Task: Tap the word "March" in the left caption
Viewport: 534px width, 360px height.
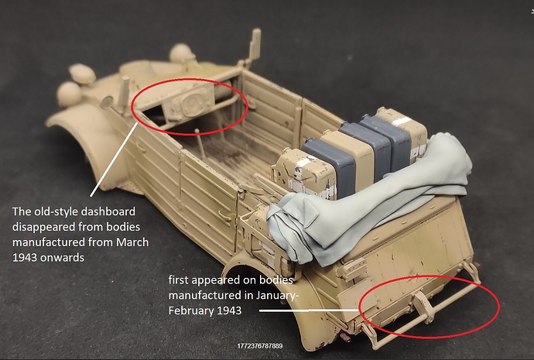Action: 132,242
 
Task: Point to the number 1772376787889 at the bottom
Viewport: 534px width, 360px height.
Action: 260,346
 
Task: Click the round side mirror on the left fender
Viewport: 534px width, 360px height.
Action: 107,102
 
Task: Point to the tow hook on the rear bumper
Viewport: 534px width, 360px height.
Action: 423,307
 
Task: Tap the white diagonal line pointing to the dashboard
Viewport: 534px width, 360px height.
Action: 114,159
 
